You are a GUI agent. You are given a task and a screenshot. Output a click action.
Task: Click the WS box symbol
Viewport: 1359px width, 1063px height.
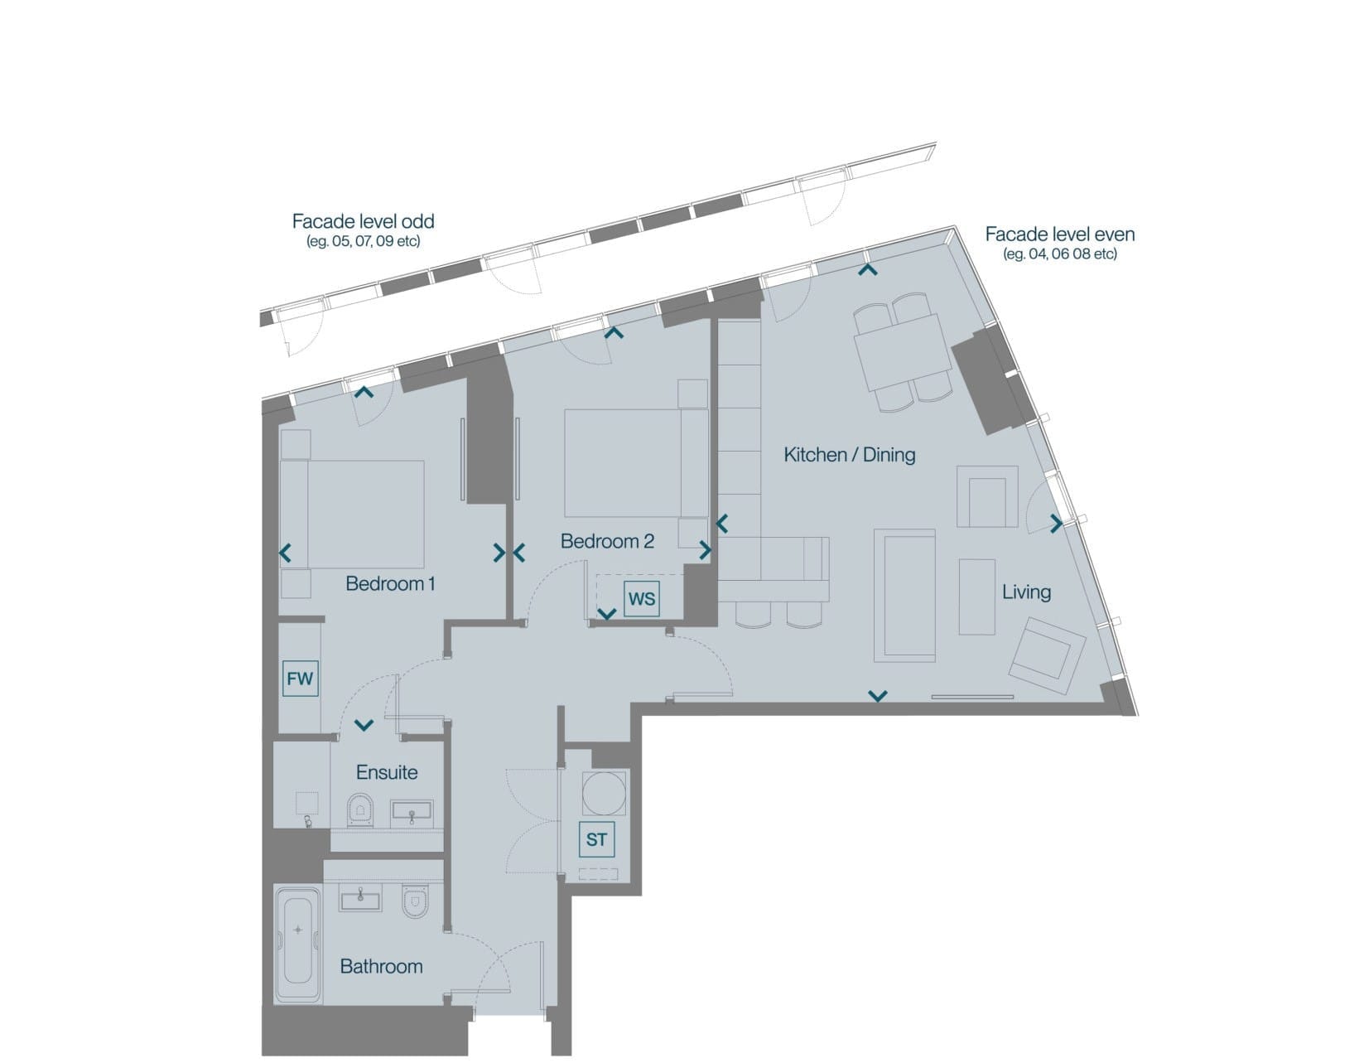641,599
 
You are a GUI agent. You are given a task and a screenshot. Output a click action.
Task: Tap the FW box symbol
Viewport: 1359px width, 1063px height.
300,679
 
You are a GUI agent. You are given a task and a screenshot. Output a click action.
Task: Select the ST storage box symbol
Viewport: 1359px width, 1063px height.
596,839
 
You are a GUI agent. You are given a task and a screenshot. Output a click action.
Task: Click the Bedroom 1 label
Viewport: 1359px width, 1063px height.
390,584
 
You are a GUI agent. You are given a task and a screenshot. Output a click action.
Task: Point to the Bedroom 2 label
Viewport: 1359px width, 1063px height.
607,541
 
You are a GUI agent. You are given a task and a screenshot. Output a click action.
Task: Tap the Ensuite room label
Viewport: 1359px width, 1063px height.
387,772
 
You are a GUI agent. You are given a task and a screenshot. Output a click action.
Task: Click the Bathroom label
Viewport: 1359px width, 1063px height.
382,966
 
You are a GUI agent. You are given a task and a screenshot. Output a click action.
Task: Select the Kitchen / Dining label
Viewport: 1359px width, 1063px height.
850,455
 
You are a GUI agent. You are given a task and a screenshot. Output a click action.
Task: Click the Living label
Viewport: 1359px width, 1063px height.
1026,592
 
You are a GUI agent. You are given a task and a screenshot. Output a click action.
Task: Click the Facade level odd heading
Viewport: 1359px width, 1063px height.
364,221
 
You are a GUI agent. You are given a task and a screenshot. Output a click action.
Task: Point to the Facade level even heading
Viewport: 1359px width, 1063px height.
1060,234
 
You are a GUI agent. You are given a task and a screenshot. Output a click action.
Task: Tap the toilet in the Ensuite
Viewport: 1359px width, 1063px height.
359,809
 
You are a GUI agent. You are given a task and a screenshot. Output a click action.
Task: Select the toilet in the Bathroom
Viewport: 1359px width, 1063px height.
415,901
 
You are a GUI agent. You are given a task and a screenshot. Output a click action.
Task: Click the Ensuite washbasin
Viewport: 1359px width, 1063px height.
412,812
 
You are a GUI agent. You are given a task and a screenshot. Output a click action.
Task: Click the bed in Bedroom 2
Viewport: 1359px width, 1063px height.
637,463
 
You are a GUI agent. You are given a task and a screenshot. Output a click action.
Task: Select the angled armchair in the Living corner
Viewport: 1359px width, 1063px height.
1047,655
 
